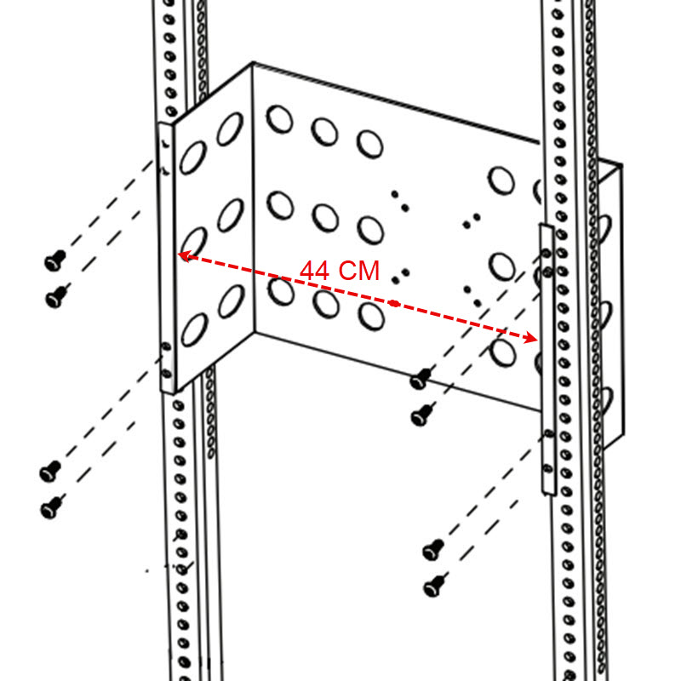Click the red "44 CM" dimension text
tap(340, 271)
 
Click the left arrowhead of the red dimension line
tap(181, 255)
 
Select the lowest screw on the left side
tap(51, 508)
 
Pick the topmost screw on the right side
tap(421, 377)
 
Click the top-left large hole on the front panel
tap(279, 118)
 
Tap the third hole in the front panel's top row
tap(369, 142)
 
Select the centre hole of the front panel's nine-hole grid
tap(325, 217)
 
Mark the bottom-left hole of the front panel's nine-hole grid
tap(279, 289)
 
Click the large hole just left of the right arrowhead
tap(503, 350)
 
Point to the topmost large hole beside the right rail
tap(501, 180)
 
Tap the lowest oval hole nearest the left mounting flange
tap(194, 329)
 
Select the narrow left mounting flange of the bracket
tap(168, 255)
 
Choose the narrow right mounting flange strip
tap(547, 358)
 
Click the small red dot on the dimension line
tap(393, 303)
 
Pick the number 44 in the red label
tap(315, 271)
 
